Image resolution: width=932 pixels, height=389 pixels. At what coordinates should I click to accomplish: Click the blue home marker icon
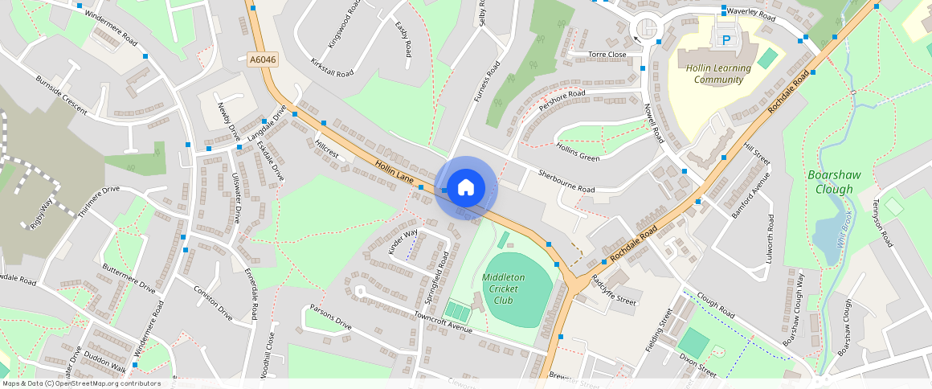[466, 188]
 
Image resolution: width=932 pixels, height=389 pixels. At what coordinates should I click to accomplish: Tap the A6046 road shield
[262, 59]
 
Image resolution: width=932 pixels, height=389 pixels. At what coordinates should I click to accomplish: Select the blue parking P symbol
[727, 39]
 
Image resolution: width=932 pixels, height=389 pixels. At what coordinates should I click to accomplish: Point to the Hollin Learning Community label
[718, 74]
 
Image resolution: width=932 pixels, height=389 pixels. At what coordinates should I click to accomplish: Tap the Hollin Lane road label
[394, 174]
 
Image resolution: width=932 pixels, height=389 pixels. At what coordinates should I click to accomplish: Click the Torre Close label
[607, 55]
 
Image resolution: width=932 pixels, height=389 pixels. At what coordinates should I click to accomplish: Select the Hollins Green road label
[578, 151]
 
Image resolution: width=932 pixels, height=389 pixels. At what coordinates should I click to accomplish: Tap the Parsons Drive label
[331, 317]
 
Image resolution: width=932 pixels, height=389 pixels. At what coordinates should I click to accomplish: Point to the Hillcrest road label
[328, 150]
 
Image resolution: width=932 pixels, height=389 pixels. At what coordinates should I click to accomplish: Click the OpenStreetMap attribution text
[80, 383]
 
